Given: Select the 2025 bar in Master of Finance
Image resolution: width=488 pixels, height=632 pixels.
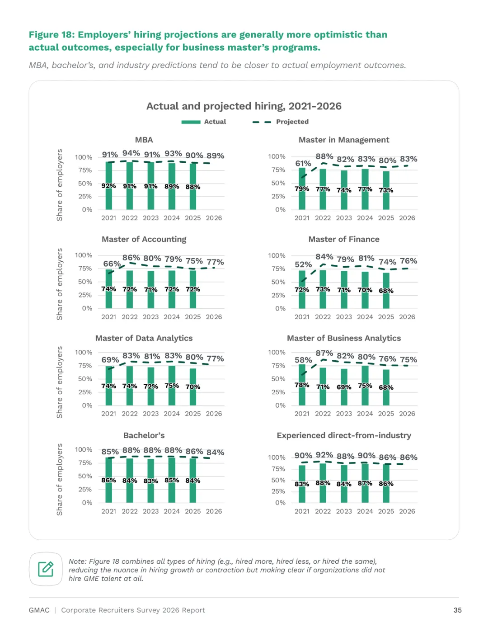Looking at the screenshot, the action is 386,291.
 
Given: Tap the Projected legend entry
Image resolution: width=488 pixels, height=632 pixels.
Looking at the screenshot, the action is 281,122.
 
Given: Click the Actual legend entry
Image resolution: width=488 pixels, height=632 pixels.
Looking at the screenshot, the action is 203,122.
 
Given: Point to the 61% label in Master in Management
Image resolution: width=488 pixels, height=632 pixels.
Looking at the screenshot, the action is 303,164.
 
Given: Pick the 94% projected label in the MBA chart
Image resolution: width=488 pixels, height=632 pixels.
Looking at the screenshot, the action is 131,153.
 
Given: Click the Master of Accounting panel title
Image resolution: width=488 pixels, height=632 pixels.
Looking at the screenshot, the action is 144,239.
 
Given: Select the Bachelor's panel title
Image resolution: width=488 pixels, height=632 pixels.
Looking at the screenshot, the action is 144,435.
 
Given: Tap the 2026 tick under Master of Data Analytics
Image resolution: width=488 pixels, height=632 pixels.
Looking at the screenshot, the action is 214,414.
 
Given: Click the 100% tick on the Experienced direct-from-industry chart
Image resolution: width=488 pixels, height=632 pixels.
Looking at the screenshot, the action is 277,457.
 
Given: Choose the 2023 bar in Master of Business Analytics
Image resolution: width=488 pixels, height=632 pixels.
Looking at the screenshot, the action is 344,387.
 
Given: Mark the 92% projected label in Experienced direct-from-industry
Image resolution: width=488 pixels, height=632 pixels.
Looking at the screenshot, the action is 324,455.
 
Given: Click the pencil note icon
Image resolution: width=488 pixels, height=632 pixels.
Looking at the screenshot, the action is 46,569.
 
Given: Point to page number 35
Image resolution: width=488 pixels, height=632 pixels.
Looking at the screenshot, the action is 457,610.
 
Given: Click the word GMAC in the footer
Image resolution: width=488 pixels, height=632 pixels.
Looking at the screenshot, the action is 39,610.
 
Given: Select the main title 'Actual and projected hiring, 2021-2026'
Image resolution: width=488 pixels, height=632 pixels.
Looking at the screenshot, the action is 244,106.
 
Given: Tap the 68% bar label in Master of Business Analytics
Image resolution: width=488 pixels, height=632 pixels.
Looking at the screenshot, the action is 386,387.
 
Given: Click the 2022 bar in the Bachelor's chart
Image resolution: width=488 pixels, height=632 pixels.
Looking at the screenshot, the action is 129,480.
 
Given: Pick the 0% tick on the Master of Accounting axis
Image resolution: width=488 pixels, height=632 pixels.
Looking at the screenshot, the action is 87,308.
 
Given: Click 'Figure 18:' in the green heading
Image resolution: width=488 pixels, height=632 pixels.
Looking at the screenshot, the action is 52,35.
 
